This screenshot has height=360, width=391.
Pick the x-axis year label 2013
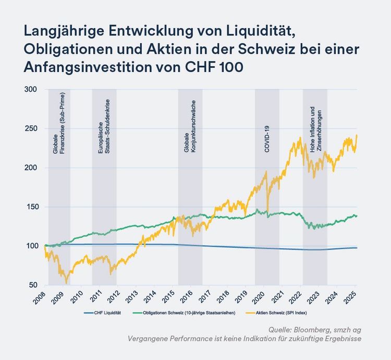(133, 297)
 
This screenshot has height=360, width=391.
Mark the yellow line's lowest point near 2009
(66, 283)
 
